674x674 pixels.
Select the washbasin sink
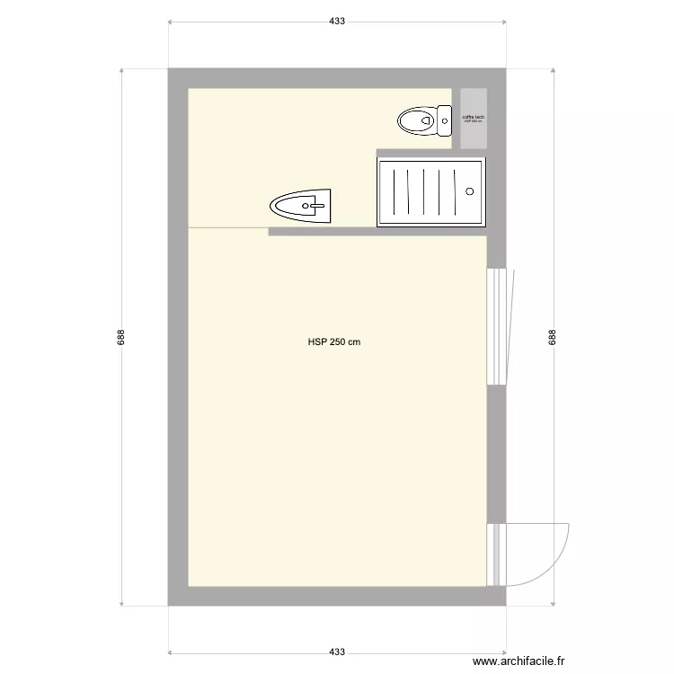click(x=301, y=206)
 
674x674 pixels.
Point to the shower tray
click(x=430, y=191)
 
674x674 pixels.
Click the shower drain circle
click(x=469, y=191)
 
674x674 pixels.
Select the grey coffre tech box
click(x=474, y=119)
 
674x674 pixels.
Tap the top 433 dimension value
click(x=337, y=20)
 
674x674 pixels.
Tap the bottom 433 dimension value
click(x=337, y=652)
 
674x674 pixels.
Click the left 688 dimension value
click(x=121, y=336)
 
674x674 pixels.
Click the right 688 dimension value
click(x=552, y=336)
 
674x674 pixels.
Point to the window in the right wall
click(x=495, y=325)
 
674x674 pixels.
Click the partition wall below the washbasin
click(x=377, y=232)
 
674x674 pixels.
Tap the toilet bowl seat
click(x=416, y=119)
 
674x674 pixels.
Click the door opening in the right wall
click(x=495, y=554)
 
